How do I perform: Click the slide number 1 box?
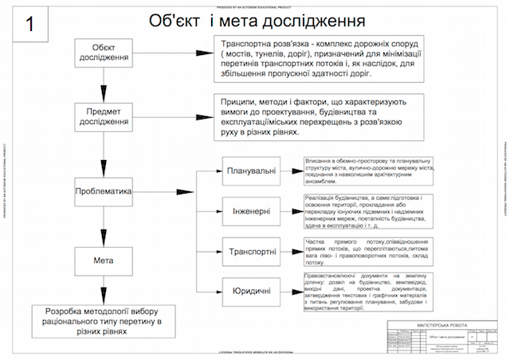tap(29, 25)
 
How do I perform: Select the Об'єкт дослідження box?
tap(104, 53)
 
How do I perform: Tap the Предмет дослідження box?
tap(104, 116)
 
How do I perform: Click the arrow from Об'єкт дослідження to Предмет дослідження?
tap(104, 85)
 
